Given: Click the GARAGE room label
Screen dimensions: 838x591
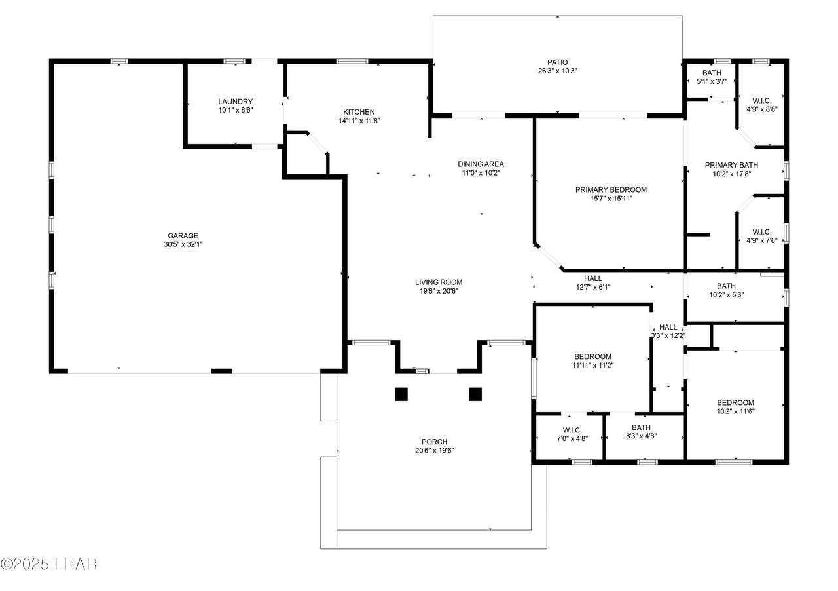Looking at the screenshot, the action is pyautogui.click(x=183, y=236).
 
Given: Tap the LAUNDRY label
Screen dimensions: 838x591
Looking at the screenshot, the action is pyautogui.click(x=235, y=102).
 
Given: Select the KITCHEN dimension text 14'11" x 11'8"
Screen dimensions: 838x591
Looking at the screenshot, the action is pyautogui.click(x=359, y=121).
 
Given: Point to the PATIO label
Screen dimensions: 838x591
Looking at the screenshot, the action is pyautogui.click(x=557, y=62).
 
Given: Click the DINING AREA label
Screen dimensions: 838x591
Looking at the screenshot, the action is pyautogui.click(x=481, y=164).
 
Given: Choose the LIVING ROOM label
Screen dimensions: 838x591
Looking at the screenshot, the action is pyautogui.click(x=439, y=282).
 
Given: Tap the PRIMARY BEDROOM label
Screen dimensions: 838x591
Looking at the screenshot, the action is pyautogui.click(x=611, y=190).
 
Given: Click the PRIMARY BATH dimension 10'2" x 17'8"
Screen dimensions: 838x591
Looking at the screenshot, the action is pyautogui.click(x=731, y=174).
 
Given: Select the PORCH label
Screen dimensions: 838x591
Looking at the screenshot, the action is pyautogui.click(x=434, y=442).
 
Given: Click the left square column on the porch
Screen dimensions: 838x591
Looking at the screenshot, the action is pyautogui.click(x=401, y=394).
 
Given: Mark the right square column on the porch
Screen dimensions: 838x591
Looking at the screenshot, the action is pyautogui.click(x=475, y=394).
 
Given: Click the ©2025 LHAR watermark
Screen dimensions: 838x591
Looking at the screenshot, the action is pyautogui.click(x=49, y=564).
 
